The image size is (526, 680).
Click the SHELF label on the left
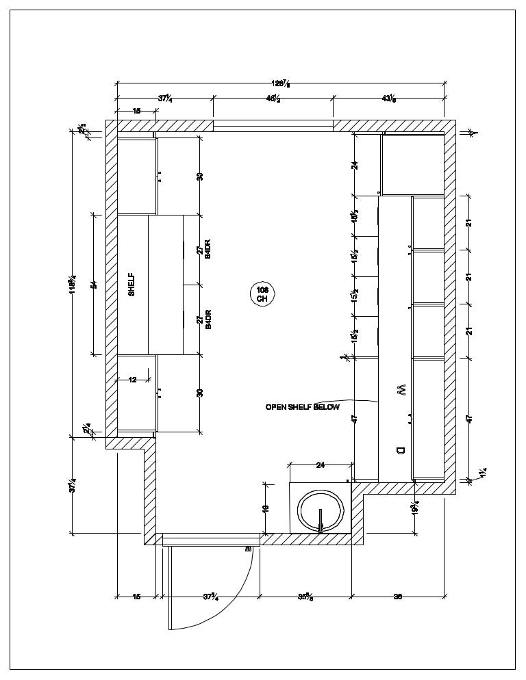[131, 285]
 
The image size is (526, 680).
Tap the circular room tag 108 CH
[262, 294]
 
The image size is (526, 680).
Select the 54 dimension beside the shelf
[94, 284]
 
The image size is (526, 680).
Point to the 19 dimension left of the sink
[266, 508]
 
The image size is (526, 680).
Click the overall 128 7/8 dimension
[281, 84]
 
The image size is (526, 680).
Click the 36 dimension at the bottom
[398, 597]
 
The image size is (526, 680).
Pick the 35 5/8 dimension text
[305, 597]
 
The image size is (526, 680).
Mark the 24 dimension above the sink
[320, 466]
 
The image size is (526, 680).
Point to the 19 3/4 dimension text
[416, 508]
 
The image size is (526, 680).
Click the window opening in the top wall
[273, 125]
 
